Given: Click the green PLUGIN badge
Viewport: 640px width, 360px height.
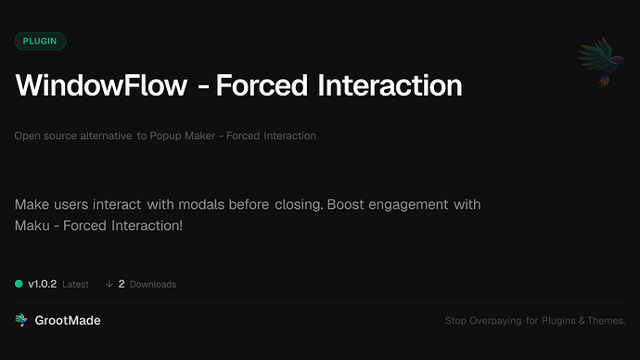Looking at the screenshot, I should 40,41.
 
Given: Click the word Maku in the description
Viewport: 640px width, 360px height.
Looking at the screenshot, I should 32,225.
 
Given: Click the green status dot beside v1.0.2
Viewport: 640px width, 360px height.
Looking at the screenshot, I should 19,284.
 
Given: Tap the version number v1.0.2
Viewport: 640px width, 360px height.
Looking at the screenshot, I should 42,284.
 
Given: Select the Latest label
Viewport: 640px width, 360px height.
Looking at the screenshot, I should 76,284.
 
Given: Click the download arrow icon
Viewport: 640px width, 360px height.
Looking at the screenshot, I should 109,284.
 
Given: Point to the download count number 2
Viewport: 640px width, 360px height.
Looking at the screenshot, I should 122,284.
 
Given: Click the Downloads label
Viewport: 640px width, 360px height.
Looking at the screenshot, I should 153,284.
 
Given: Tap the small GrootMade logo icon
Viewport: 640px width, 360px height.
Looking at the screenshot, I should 20,320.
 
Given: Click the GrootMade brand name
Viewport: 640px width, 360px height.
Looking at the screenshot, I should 68,320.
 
